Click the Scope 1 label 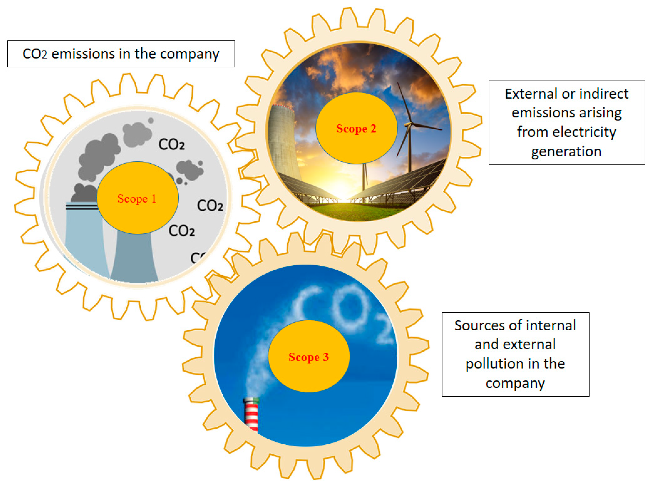(x=137, y=199)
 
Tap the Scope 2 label (x=356, y=129)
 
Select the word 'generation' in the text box (x=566, y=151)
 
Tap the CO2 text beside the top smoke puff (x=171, y=145)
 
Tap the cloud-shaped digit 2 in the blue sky (x=384, y=331)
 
